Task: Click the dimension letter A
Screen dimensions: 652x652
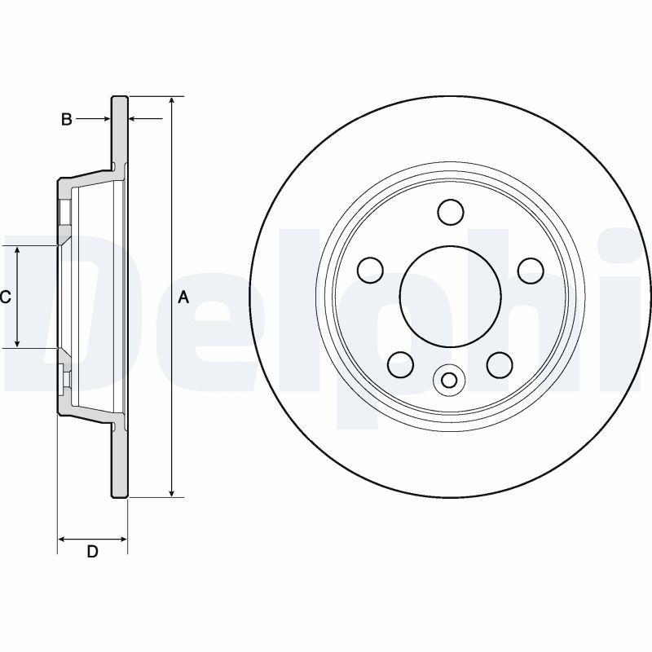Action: coord(183,297)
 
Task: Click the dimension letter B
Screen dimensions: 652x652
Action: coord(68,120)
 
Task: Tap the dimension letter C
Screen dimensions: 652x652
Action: coord(5,297)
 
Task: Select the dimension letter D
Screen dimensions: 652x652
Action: coord(92,552)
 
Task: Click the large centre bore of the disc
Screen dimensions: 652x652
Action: coord(449,293)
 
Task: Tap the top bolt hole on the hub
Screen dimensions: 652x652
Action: coord(450,212)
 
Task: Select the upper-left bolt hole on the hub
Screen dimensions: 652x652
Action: coord(372,269)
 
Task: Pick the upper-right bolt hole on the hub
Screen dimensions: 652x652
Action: coord(531,270)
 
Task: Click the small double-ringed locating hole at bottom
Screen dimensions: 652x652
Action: coord(449,379)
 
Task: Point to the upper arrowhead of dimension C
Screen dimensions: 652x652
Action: coord(18,250)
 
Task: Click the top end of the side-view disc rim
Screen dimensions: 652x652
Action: coord(119,97)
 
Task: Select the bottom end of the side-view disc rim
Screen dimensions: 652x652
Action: coord(119,496)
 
